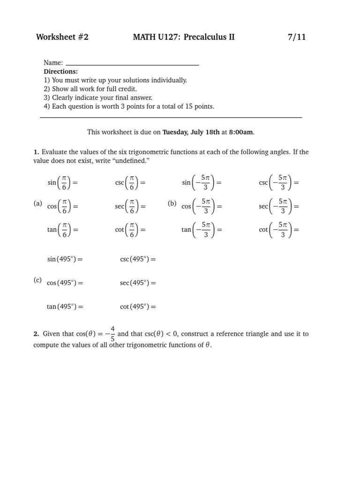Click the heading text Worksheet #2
(62, 37)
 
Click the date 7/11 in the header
(297, 37)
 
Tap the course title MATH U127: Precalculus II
(184, 37)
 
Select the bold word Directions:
(60, 72)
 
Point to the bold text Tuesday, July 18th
(191, 132)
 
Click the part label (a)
(38, 204)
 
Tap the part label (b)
(172, 204)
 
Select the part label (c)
(38, 280)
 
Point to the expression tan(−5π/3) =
(202, 230)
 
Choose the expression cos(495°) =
(65, 283)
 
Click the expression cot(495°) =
(138, 307)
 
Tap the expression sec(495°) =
(138, 283)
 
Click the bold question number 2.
(36, 334)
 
